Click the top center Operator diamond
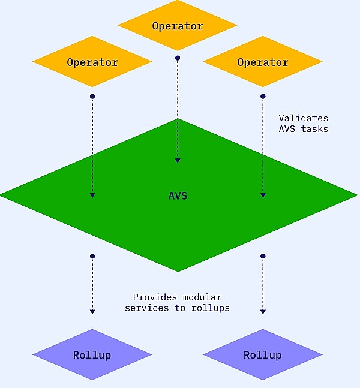pyautogui.click(x=177, y=26)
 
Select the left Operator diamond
pyautogui.click(x=92, y=62)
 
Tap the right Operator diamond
pyautogui.click(x=262, y=62)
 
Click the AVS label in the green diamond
pyautogui.click(x=178, y=196)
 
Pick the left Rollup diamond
pyautogui.click(x=92, y=354)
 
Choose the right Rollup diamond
pyautogui.click(x=262, y=354)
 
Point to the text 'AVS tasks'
pyautogui.click(x=304, y=129)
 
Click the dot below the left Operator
pyautogui.click(x=92, y=96)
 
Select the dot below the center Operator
pyautogui.click(x=177, y=58)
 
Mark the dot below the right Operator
pyautogui.click(x=262, y=96)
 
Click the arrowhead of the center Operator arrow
pyautogui.click(x=177, y=160)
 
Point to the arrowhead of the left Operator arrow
pyautogui.click(x=92, y=194)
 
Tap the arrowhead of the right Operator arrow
pyautogui.click(x=262, y=194)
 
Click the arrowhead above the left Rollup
pyautogui.click(x=92, y=311)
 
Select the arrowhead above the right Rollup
pyautogui.click(x=262, y=311)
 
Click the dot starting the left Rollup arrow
pyautogui.click(x=92, y=256)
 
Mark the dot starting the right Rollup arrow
pyautogui.click(x=262, y=256)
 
